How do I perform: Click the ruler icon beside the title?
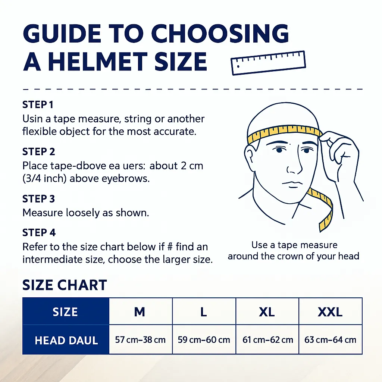(268, 63)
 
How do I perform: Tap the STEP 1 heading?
(38, 105)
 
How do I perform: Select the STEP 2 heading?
(39, 152)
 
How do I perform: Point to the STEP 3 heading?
(39, 199)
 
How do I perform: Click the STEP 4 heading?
(39, 233)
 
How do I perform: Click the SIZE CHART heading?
(65, 285)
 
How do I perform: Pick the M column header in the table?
(140, 312)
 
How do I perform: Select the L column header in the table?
(204, 312)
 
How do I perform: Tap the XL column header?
(267, 312)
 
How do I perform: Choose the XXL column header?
(331, 312)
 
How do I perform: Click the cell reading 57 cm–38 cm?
(140, 339)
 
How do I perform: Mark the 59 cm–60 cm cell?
(204, 339)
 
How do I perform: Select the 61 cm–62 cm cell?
(267, 339)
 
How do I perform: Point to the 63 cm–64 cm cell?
(331, 339)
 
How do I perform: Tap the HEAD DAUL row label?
(66, 340)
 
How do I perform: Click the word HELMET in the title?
(98, 62)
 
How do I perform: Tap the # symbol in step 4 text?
(170, 247)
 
